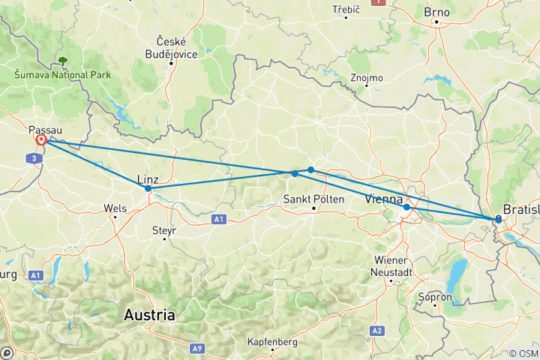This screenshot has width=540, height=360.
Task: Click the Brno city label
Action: tap(437, 12)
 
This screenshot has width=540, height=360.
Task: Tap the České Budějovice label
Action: tap(172, 46)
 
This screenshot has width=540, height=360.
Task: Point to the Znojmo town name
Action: tap(366, 77)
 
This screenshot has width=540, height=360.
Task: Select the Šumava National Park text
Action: tap(62, 75)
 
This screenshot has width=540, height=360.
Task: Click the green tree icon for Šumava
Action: tap(62, 61)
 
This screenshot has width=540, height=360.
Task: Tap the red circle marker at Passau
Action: tap(41, 140)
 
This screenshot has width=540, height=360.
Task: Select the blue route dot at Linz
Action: tap(148, 189)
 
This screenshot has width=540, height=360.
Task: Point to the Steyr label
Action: tap(163, 230)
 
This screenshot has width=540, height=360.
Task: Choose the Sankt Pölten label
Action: tap(313, 199)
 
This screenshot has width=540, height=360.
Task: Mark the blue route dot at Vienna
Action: tap(406, 207)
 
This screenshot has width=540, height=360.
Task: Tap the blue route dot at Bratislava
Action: tap(499, 219)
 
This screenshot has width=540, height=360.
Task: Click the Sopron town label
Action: tap(437, 297)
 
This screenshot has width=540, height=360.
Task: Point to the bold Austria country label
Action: tap(151, 315)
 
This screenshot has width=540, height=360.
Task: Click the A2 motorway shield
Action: tap(376, 331)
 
